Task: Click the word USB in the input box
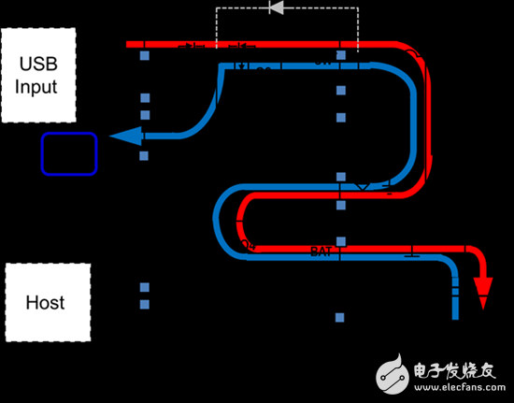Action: tap(37, 65)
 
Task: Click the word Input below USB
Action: tap(37, 87)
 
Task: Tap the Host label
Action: tap(44, 302)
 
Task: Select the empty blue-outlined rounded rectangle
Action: tap(69, 153)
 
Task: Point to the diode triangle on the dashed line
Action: tap(276, 8)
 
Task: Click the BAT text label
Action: tap(321, 250)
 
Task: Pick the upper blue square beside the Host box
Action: tap(145, 287)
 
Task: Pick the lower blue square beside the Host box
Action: tap(145, 304)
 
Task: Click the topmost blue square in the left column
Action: tap(145, 57)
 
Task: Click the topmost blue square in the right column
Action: tap(341, 57)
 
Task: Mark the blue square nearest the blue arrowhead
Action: tap(145, 155)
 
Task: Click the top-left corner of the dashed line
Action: tap(217, 8)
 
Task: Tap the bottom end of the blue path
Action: tap(456, 315)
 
